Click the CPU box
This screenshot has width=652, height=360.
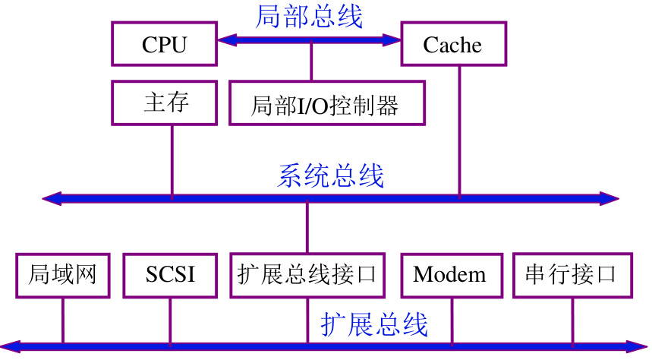click(164, 44)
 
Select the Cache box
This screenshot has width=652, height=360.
click(452, 44)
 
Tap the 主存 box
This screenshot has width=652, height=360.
click(165, 103)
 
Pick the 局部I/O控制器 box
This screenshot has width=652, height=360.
click(326, 105)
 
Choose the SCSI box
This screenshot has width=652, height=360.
click(170, 274)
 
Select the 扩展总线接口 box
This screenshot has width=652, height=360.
click(307, 274)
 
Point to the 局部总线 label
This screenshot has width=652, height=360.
click(309, 16)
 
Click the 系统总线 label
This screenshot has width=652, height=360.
click(331, 175)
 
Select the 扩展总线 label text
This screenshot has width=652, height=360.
click(374, 324)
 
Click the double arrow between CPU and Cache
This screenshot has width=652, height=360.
click(309, 39)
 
